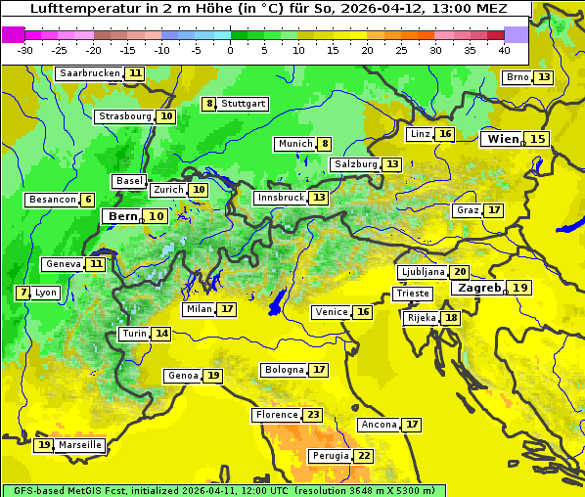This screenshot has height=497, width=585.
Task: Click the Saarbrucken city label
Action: tap(89, 73)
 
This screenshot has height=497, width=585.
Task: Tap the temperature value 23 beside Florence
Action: tap(313, 415)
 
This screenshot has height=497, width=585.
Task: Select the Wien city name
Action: tap(504, 139)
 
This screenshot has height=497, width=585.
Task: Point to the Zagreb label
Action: tap(479, 288)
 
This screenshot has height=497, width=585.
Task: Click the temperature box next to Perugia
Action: tap(363, 456)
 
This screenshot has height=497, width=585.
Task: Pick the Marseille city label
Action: tap(80, 445)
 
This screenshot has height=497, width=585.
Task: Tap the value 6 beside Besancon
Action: tap(88, 200)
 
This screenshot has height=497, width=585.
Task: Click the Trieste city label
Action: tap(412, 294)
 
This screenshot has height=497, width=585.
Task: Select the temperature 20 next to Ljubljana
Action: tap(460, 272)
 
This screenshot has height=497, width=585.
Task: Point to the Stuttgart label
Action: tap(243, 104)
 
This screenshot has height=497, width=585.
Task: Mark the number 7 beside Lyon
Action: tap(22, 293)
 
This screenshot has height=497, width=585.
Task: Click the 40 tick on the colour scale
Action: tap(504, 50)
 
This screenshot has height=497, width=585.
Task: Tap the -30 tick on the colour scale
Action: tap(25, 50)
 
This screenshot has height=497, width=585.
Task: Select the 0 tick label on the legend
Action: tap(230, 50)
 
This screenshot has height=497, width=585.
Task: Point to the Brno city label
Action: tap(517, 77)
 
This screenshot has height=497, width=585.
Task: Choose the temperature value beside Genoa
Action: tap(213, 376)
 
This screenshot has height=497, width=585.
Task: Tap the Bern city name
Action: tap(122, 216)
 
